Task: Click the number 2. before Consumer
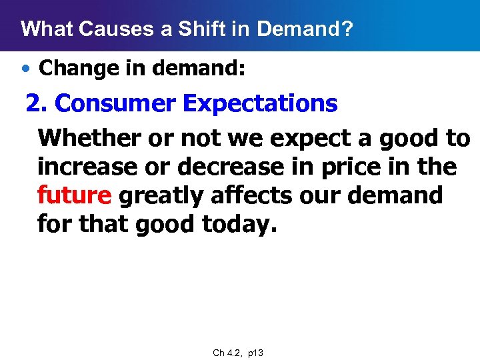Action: (37, 104)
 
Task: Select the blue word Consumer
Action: (118, 104)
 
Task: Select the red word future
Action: (75, 196)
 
